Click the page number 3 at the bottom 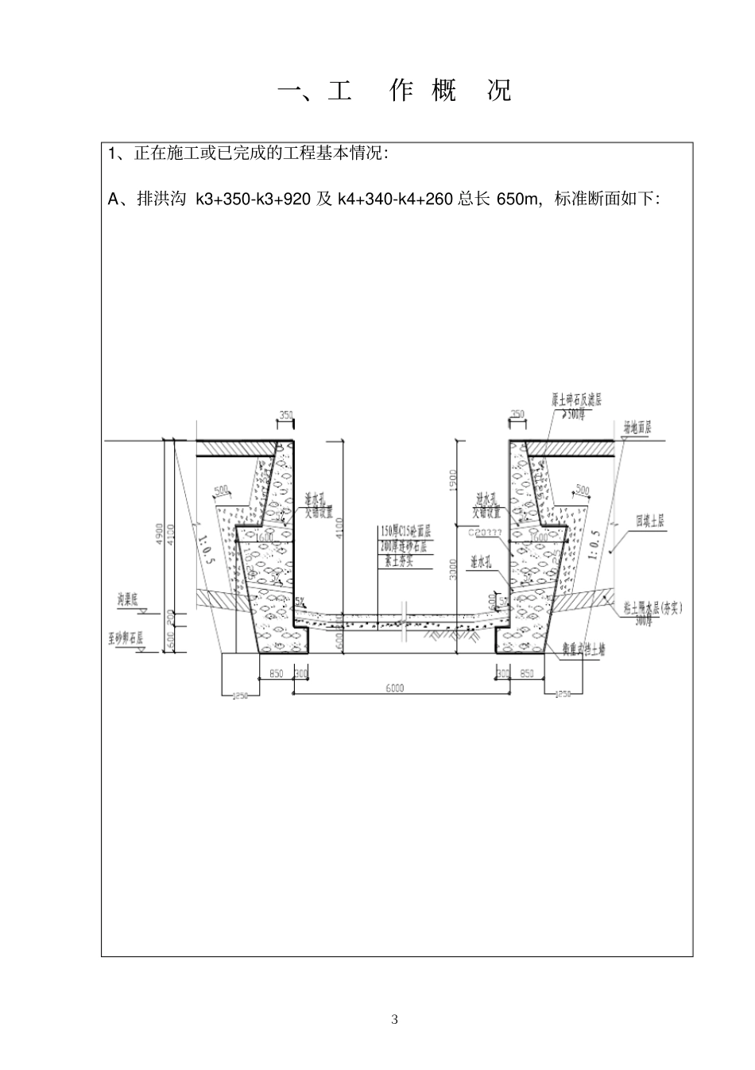(x=394, y=1020)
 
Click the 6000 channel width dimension (x=394, y=688)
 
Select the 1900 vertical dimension (x=451, y=480)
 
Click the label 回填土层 (x=649, y=521)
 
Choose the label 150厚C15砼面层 (x=405, y=531)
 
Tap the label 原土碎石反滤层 (x=576, y=400)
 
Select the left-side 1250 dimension (x=240, y=696)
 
